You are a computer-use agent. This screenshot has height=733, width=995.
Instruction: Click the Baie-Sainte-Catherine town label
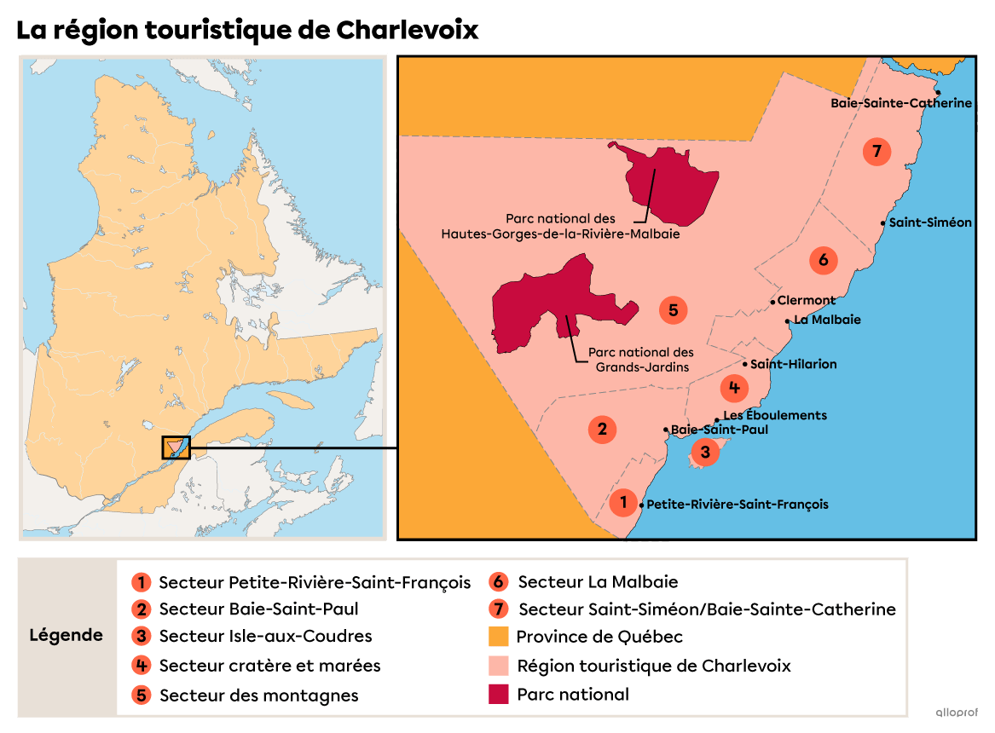pos(901,103)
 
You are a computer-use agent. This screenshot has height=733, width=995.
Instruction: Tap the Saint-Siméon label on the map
pos(930,222)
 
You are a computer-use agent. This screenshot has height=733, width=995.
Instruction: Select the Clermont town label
pos(807,300)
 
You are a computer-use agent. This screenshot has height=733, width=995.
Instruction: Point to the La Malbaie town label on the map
pos(827,320)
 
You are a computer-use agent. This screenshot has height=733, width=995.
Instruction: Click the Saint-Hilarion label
pos(793,364)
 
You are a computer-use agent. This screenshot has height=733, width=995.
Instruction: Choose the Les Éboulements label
pos(775,415)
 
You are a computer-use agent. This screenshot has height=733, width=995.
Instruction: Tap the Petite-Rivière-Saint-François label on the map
pos(738,504)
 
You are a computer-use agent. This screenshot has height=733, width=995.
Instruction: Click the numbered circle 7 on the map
pos(876,152)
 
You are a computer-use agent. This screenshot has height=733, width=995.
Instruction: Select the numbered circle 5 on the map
pos(673,310)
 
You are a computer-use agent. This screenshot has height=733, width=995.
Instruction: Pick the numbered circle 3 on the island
pos(705,453)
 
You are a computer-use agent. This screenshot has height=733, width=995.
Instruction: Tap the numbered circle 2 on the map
pos(602,429)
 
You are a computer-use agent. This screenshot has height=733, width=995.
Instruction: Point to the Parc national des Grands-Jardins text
pos(641,359)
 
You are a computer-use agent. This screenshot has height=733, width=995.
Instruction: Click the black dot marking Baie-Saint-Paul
pos(665,430)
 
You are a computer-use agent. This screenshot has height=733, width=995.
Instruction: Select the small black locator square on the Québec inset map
pos(176,447)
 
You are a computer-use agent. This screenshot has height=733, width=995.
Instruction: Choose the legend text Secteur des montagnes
pos(258,695)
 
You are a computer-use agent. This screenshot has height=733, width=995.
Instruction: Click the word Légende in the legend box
pos(67,635)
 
